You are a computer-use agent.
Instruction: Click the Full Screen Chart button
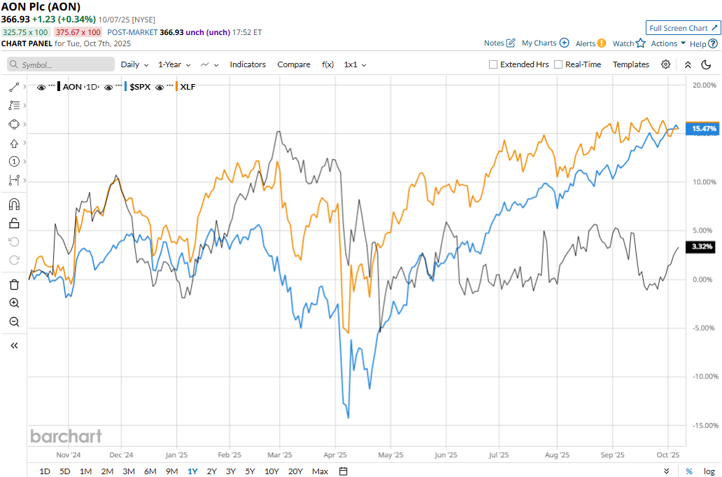click(683, 28)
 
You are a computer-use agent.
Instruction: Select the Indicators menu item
click(248, 64)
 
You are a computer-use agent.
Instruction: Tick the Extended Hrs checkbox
click(493, 64)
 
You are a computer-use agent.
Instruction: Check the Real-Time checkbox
click(558, 64)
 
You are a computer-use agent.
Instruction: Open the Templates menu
click(630, 64)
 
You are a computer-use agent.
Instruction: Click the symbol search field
click(61, 64)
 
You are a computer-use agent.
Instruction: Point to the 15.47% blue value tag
click(703, 129)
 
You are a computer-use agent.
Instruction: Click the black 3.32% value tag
click(702, 247)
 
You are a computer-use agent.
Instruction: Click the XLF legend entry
click(187, 87)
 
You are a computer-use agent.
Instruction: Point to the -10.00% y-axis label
click(702, 377)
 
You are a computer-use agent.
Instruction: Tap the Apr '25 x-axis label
click(337, 454)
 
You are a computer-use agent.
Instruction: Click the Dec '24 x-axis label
click(121, 454)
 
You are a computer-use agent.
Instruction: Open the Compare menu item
click(294, 64)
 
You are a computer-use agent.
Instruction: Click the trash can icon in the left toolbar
click(14, 284)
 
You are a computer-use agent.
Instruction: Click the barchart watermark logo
click(66, 436)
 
